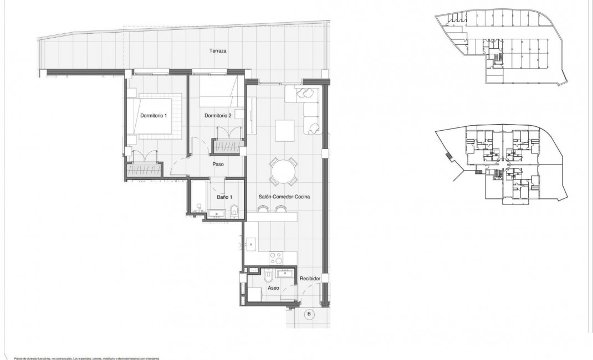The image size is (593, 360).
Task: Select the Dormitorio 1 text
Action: pyautogui.click(x=154, y=115)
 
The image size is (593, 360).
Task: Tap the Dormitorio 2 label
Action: pyautogui.click(x=217, y=115)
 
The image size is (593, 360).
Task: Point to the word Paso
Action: pyautogui.click(x=218, y=164)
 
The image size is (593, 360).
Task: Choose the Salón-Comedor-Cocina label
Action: pyautogui.click(x=284, y=197)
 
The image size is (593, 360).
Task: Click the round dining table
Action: pyautogui.click(x=283, y=172)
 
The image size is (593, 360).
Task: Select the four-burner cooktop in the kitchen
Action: pyautogui.click(x=275, y=258)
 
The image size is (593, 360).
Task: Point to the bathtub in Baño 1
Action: pyautogui.click(x=198, y=197)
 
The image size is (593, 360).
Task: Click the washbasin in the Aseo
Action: pyautogui.click(x=288, y=274)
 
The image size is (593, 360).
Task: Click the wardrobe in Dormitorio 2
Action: pyautogui.click(x=227, y=146)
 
